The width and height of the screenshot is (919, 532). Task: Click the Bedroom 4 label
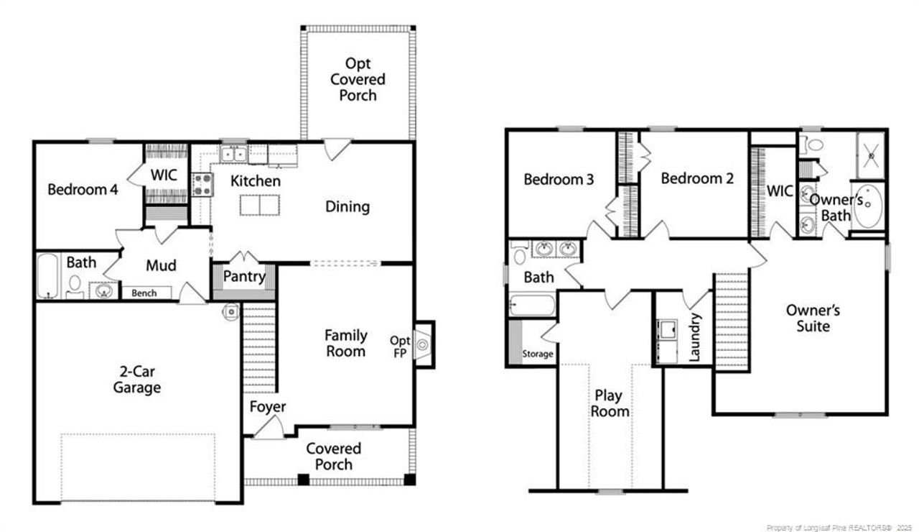point(83,189)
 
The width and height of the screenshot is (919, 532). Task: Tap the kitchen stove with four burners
point(202,185)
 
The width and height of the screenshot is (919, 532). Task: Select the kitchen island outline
point(260,205)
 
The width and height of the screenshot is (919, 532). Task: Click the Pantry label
point(244,277)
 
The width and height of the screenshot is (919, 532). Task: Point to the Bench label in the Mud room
point(144,293)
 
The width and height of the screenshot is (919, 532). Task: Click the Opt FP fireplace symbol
point(423,344)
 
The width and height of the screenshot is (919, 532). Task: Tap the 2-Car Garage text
point(137,380)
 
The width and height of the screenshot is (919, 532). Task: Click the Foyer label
point(268,407)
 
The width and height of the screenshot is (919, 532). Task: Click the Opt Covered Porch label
point(358,79)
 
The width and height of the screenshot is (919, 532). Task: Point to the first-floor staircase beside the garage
point(259,349)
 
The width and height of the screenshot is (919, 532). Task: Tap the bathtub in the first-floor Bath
point(48,275)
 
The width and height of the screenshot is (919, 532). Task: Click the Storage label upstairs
point(538,354)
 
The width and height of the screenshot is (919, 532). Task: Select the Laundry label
point(694,337)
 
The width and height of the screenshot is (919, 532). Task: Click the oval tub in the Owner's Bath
point(868,206)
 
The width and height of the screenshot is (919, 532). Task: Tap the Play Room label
point(610,403)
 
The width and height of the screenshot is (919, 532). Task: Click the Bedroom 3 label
point(559,180)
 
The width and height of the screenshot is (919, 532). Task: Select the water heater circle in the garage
point(231,312)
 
